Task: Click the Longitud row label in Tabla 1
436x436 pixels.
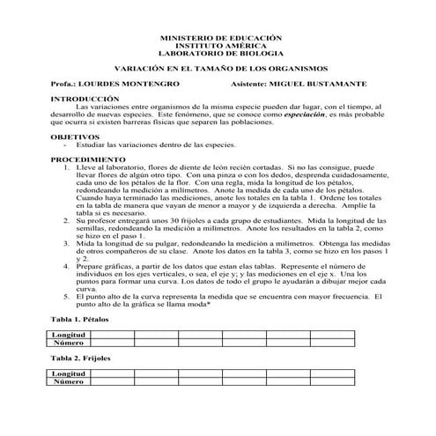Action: (x=69, y=336)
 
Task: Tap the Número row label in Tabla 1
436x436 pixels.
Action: (x=69, y=343)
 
